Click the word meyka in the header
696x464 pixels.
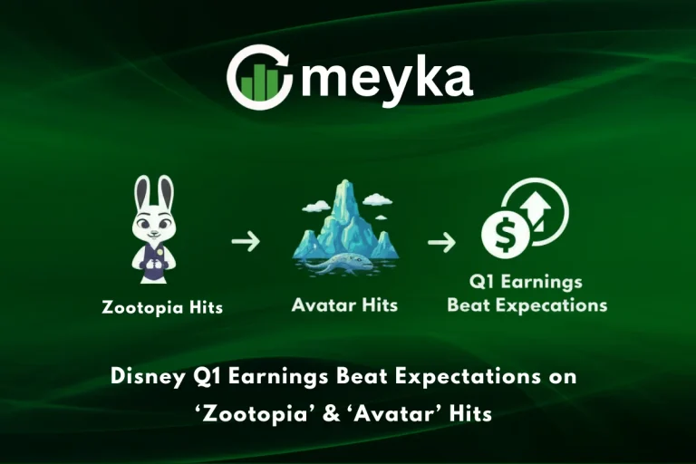click(386, 78)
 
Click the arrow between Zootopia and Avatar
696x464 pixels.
click(245, 242)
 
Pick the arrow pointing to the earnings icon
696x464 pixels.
click(441, 242)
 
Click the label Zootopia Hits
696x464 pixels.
click(162, 307)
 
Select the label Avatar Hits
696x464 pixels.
click(344, 305)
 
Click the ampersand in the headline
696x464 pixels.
click(343, 413)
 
